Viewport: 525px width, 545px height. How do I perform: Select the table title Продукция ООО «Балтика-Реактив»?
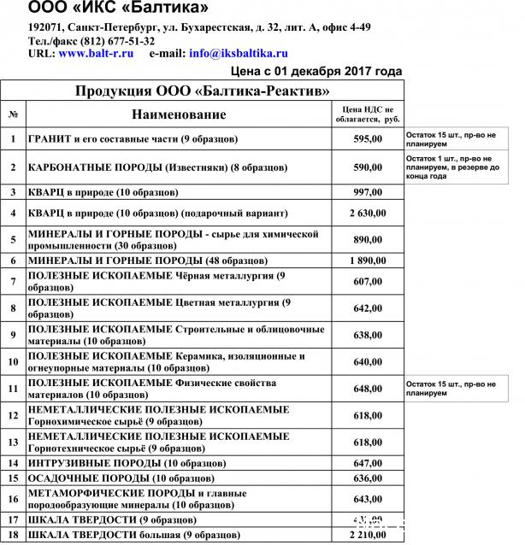click(x=203, y=91)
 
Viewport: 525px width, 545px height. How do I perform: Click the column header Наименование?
click(x=179, y=114)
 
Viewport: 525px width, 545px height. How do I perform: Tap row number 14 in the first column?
click(x=14, y=463)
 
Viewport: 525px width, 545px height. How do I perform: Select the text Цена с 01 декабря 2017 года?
click(x=316, y=71)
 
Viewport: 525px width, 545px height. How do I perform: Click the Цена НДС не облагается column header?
click(x=367, y=114)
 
